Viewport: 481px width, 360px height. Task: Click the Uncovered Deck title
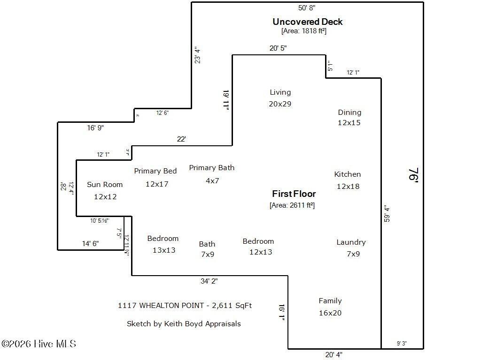pyautogui.click(x=308, y=22)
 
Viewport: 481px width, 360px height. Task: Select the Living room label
pyautogui.click(x=280, y=92)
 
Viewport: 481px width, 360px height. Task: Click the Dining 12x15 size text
pyautogui.click(x=349, y=123)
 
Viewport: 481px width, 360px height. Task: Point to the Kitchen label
pyautogui.click(x=348, y=174)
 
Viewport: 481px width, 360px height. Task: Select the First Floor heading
pyautogui.click(x=294, y=194)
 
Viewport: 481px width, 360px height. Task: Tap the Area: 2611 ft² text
pyautogui.click(x=292, y=205)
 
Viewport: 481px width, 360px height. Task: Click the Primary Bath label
pyautogui.click(x=212, y=168)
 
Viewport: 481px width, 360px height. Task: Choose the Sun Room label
pyautogui.click(x=105, y=185)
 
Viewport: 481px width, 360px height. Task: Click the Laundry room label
pyautogui.click(x=351, y=242)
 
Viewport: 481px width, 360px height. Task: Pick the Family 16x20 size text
pyautogui.click(x=330, y=313)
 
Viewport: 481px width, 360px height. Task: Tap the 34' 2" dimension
pyautogui.click(x=209, y=281)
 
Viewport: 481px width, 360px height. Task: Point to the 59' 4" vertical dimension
pyautogui.click(x=387, y=213)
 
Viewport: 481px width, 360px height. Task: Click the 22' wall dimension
pyautogui.click(x=181, y=139)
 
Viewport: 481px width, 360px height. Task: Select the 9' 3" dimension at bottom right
pyautogui.click(x=402, y=344)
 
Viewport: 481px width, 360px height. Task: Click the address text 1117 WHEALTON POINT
pyautogui.click(x=162, y=305)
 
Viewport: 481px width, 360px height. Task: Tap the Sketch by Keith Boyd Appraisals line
pyautogui.click(x=184, y=323)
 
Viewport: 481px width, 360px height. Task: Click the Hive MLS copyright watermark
pyautogui.click(x=39, y=344)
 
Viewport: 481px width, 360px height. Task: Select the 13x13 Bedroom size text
pyautogui.click(x=164, y=250)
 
